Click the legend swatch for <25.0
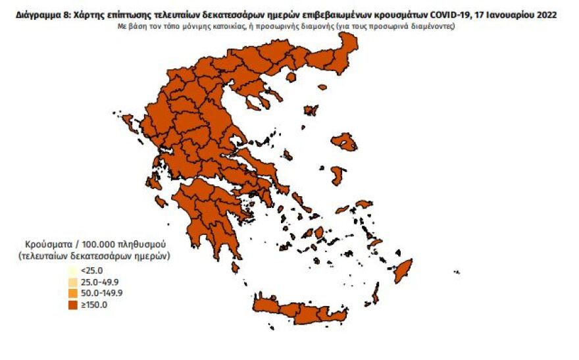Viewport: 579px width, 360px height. tap(72, 270)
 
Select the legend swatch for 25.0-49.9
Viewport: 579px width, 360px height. tap(72, 282)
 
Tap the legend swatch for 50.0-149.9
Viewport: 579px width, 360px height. tap(72, 293)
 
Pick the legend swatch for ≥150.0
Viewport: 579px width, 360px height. tap(72, 304)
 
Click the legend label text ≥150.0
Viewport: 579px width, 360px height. tap(94, 304)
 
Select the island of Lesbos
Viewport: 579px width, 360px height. tap(344, 140)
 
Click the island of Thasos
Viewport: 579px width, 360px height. tap(291, 78)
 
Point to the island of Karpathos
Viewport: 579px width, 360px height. tap(376, 292)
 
